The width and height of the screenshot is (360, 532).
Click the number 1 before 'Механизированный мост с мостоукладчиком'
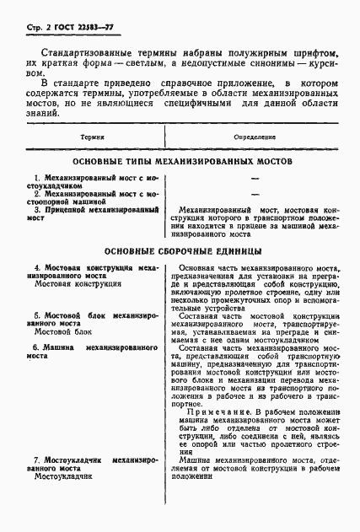(x=37, y=179)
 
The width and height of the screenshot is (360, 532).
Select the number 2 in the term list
(x=37, y=193)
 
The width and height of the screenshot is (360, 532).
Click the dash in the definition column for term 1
(x=254, y=180)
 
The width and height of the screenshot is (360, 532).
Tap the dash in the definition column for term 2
(x=254, y=194)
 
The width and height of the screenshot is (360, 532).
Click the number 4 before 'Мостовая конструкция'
(x=37, y=267)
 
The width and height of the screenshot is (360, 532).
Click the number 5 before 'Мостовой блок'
(x=37, y=314)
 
